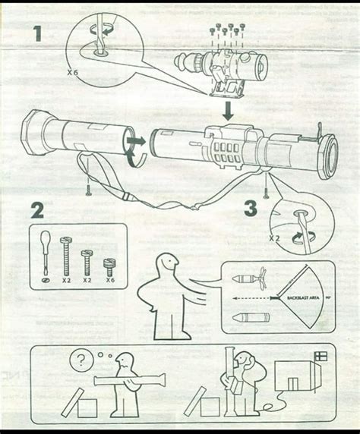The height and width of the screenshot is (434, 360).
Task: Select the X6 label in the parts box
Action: (110, 278)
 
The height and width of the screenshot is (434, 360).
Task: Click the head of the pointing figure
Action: (167, 265)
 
